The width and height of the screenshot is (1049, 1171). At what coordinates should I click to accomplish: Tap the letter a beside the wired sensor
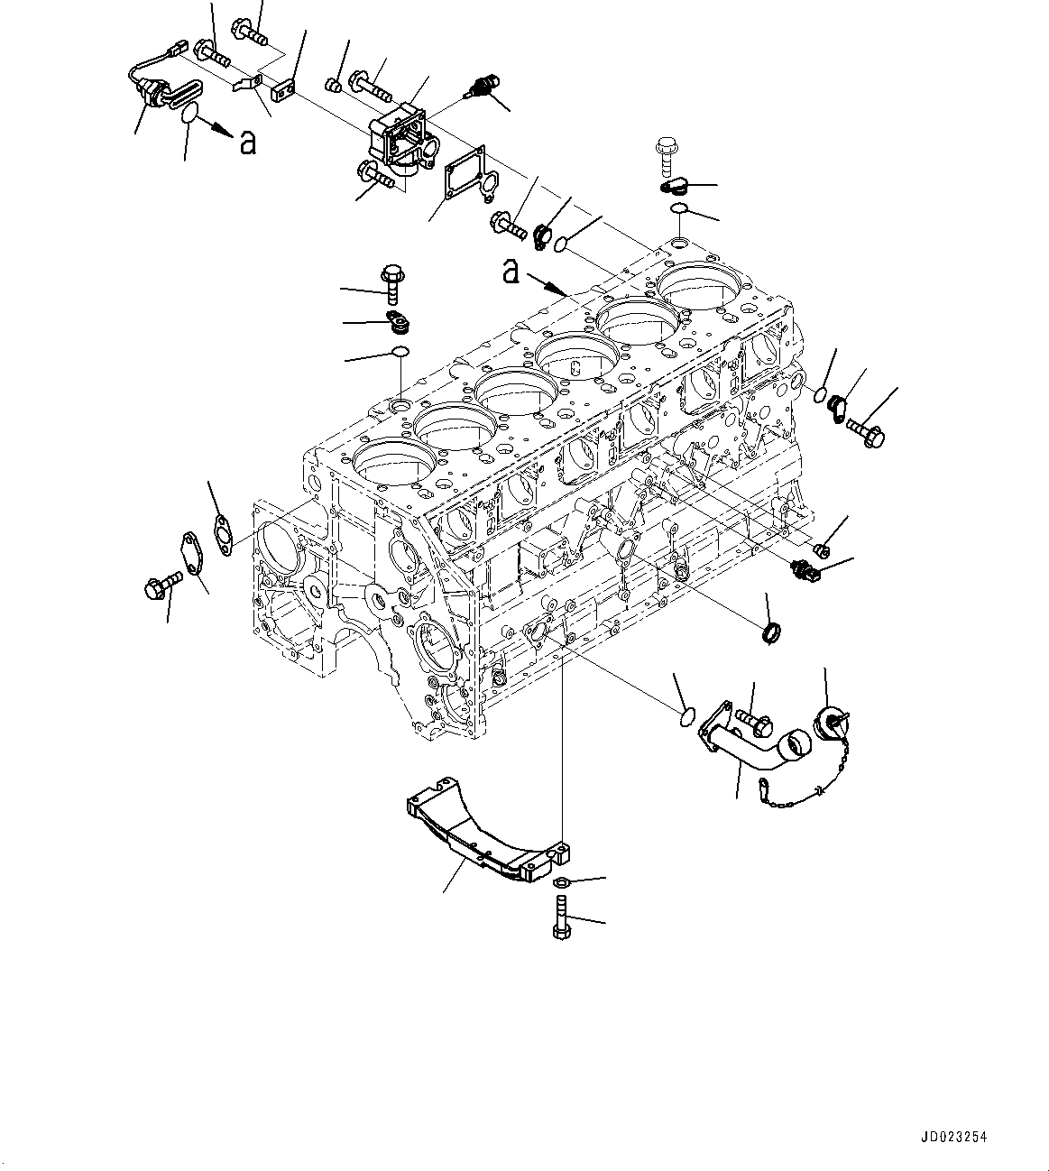click(x=246, y=142)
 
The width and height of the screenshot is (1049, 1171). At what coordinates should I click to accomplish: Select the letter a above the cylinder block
click(x=511, y=270)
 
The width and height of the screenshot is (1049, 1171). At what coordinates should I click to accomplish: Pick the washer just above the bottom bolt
click(x=559, y=881)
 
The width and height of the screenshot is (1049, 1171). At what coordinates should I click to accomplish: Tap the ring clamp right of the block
click(x=771, y=634)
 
